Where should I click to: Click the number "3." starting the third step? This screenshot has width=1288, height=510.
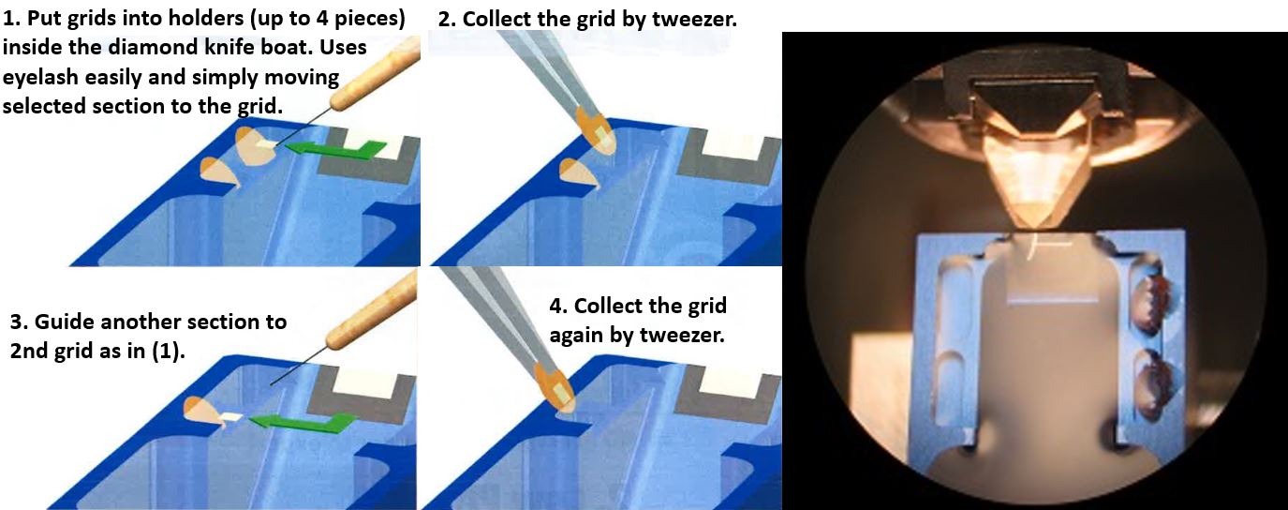point(19,322)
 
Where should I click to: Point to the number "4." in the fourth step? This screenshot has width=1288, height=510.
point(557,306)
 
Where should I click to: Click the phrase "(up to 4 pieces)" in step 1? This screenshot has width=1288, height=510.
point(327,19)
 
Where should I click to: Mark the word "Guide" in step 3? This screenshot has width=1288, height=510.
point(68,322)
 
